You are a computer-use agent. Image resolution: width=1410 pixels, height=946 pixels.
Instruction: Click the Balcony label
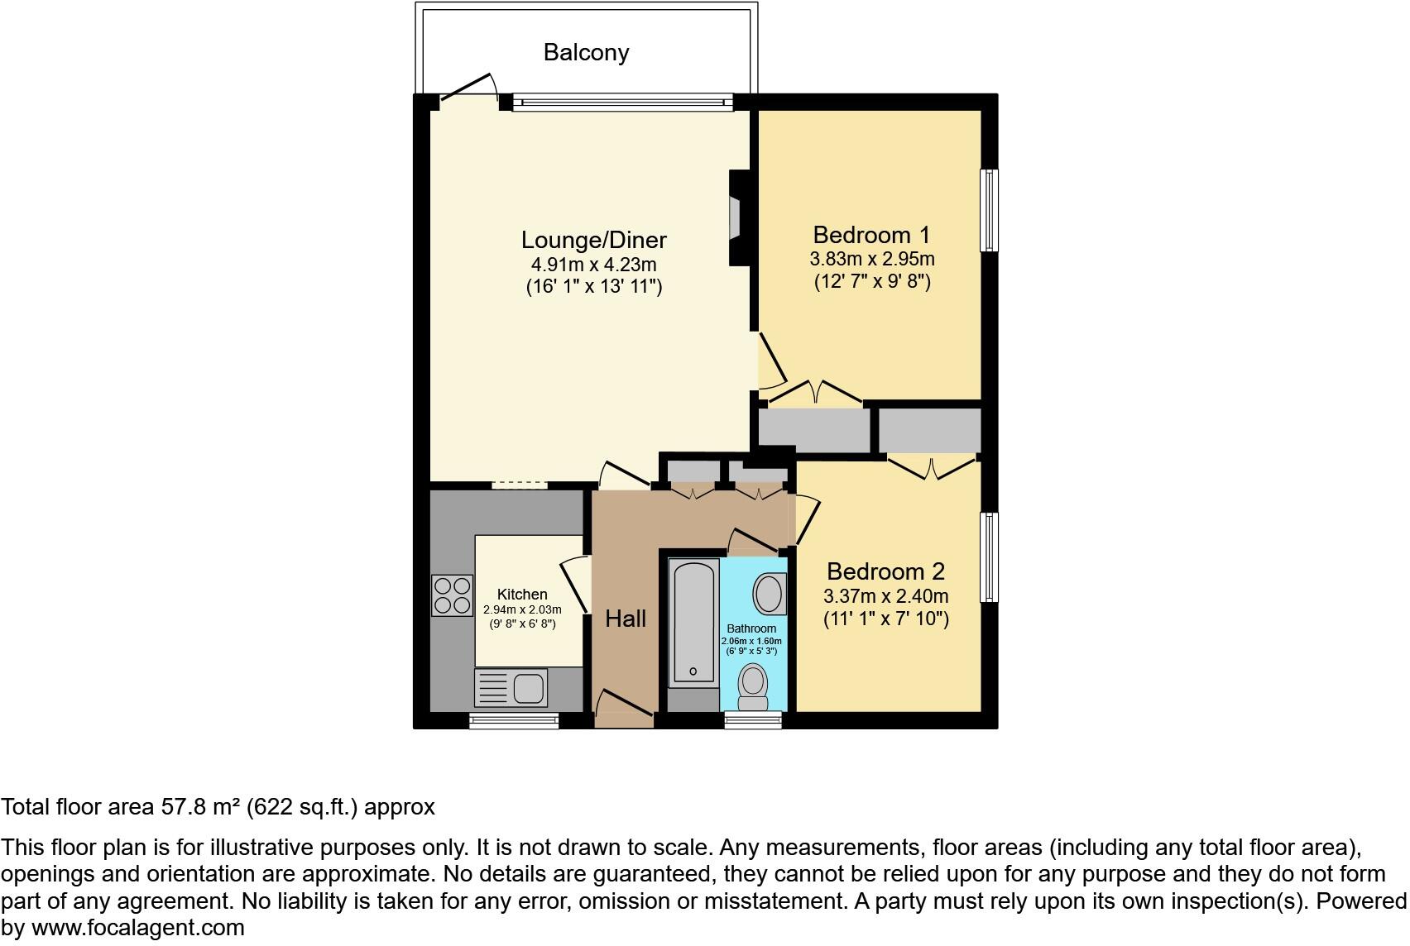(586, 53)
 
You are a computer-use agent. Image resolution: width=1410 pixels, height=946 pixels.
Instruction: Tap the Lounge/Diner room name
(593, 241)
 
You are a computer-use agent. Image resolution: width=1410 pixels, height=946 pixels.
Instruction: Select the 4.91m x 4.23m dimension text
(593, 264)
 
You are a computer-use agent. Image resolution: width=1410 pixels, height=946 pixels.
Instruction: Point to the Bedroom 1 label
(871, 235)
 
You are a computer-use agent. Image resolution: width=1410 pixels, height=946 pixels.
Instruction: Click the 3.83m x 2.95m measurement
(872, 259)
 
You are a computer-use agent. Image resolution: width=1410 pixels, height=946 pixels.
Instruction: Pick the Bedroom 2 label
(885, 571)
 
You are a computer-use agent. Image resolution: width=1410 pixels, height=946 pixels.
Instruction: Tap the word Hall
(626, 619)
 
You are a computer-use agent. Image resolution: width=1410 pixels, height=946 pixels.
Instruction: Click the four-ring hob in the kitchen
(452, 595)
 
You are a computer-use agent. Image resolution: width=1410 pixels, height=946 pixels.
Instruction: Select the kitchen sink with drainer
(511, 687)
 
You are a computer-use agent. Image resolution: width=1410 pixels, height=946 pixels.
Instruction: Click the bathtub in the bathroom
(693, 622)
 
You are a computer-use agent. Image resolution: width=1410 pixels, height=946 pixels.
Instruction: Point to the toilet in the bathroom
(752, 687)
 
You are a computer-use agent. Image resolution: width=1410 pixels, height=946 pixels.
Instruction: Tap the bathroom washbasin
(769, 593)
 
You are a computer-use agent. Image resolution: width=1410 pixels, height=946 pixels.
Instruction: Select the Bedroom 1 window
(990, 210)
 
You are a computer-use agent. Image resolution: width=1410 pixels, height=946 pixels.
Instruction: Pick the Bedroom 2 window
(990, 557)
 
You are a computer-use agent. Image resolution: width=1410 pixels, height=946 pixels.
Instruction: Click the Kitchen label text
(522, 595)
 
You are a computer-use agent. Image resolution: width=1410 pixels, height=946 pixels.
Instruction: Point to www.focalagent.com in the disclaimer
(138, 928)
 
